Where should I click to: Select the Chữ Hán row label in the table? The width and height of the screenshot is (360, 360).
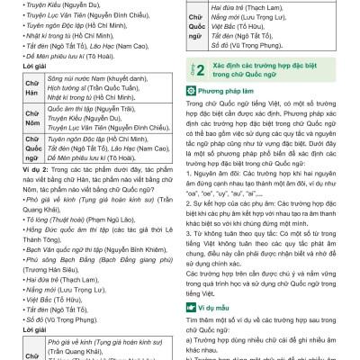15,86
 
